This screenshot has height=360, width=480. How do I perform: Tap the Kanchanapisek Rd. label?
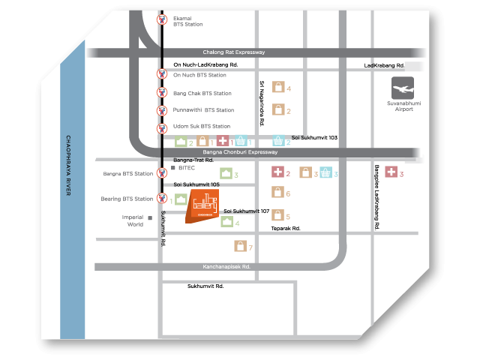(226, 266)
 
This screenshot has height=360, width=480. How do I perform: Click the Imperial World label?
(135, 220)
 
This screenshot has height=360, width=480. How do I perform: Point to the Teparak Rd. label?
(286, 228)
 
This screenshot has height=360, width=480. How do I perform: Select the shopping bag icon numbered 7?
(240, 246)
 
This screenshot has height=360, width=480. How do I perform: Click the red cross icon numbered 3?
(391, 173)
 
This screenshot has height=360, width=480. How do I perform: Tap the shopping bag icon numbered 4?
(277, 88)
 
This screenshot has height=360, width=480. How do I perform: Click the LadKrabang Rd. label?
(384, 65)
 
